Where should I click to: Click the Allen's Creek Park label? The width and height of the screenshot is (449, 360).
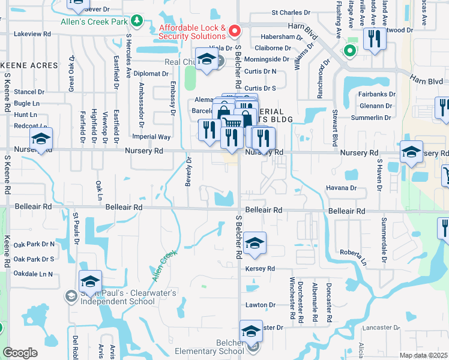[x=95, y=22]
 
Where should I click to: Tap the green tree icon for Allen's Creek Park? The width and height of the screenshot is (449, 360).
[x=137, y=22]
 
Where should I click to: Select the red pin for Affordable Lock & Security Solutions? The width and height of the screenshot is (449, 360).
[x=235, y=30]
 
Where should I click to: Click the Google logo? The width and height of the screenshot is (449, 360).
[x=20, y=353]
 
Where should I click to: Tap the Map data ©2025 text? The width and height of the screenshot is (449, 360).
[x=423, y=355]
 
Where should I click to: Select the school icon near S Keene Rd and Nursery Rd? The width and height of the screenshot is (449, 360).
[x=41, y=139]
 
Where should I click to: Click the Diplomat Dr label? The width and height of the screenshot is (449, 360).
[x=152, y=74]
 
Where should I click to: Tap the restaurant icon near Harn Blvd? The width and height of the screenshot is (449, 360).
[x=375, y=40]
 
